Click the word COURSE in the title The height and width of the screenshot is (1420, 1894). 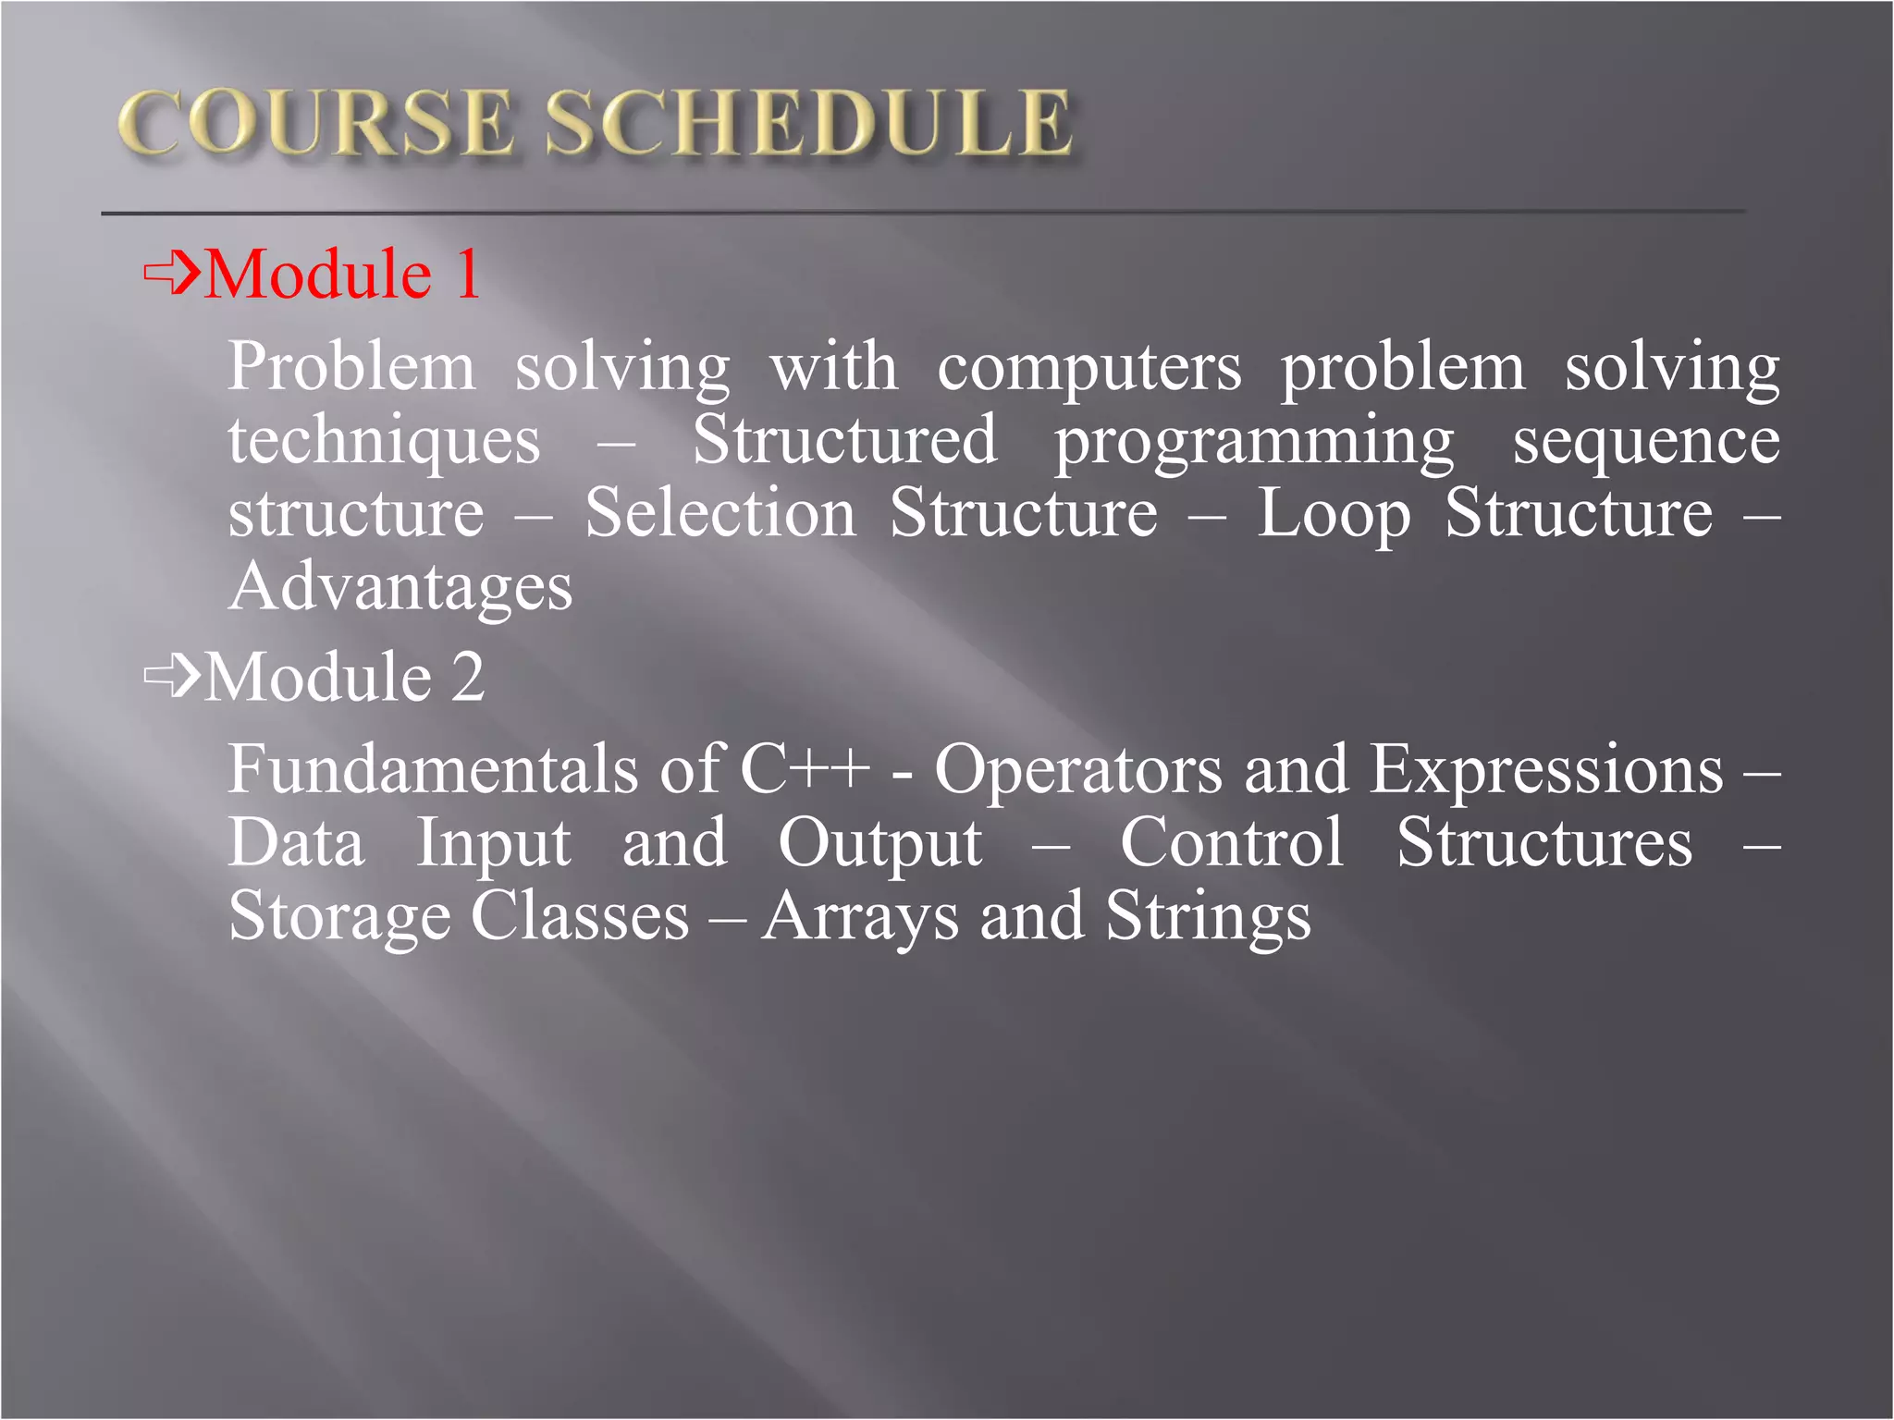314,123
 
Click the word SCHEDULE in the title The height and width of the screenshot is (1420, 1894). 808,123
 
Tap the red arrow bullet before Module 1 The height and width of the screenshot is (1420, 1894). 172,273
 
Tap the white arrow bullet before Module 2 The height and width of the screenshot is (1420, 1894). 172,676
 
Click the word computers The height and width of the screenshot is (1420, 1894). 1089,368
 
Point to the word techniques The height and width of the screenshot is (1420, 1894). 384,441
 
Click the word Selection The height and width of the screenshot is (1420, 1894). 720,513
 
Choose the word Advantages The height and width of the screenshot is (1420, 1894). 400,588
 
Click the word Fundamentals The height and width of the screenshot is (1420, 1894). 433,769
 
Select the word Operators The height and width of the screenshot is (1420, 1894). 1077,771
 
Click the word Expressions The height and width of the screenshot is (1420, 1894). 1545,771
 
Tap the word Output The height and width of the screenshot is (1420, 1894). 879,845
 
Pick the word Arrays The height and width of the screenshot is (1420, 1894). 860,917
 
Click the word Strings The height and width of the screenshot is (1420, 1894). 1208,917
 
